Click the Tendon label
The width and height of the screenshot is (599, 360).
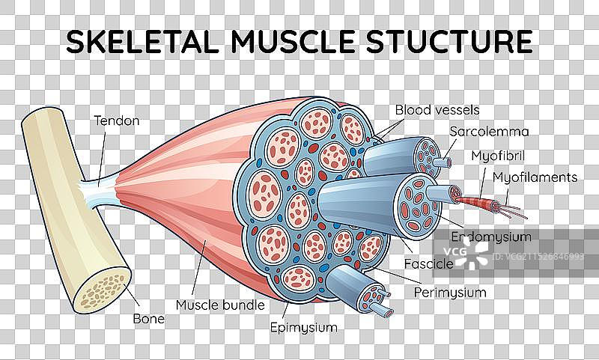point(116,119)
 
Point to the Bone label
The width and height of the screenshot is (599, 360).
point(150,318)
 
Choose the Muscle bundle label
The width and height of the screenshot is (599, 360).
point(220,305)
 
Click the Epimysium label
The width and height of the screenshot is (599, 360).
point(304,327)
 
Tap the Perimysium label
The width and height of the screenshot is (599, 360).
point(451,292)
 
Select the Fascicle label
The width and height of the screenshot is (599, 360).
point(428,264)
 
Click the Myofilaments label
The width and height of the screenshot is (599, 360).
point(535,177)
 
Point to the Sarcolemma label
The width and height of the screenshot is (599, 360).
point(489,132)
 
